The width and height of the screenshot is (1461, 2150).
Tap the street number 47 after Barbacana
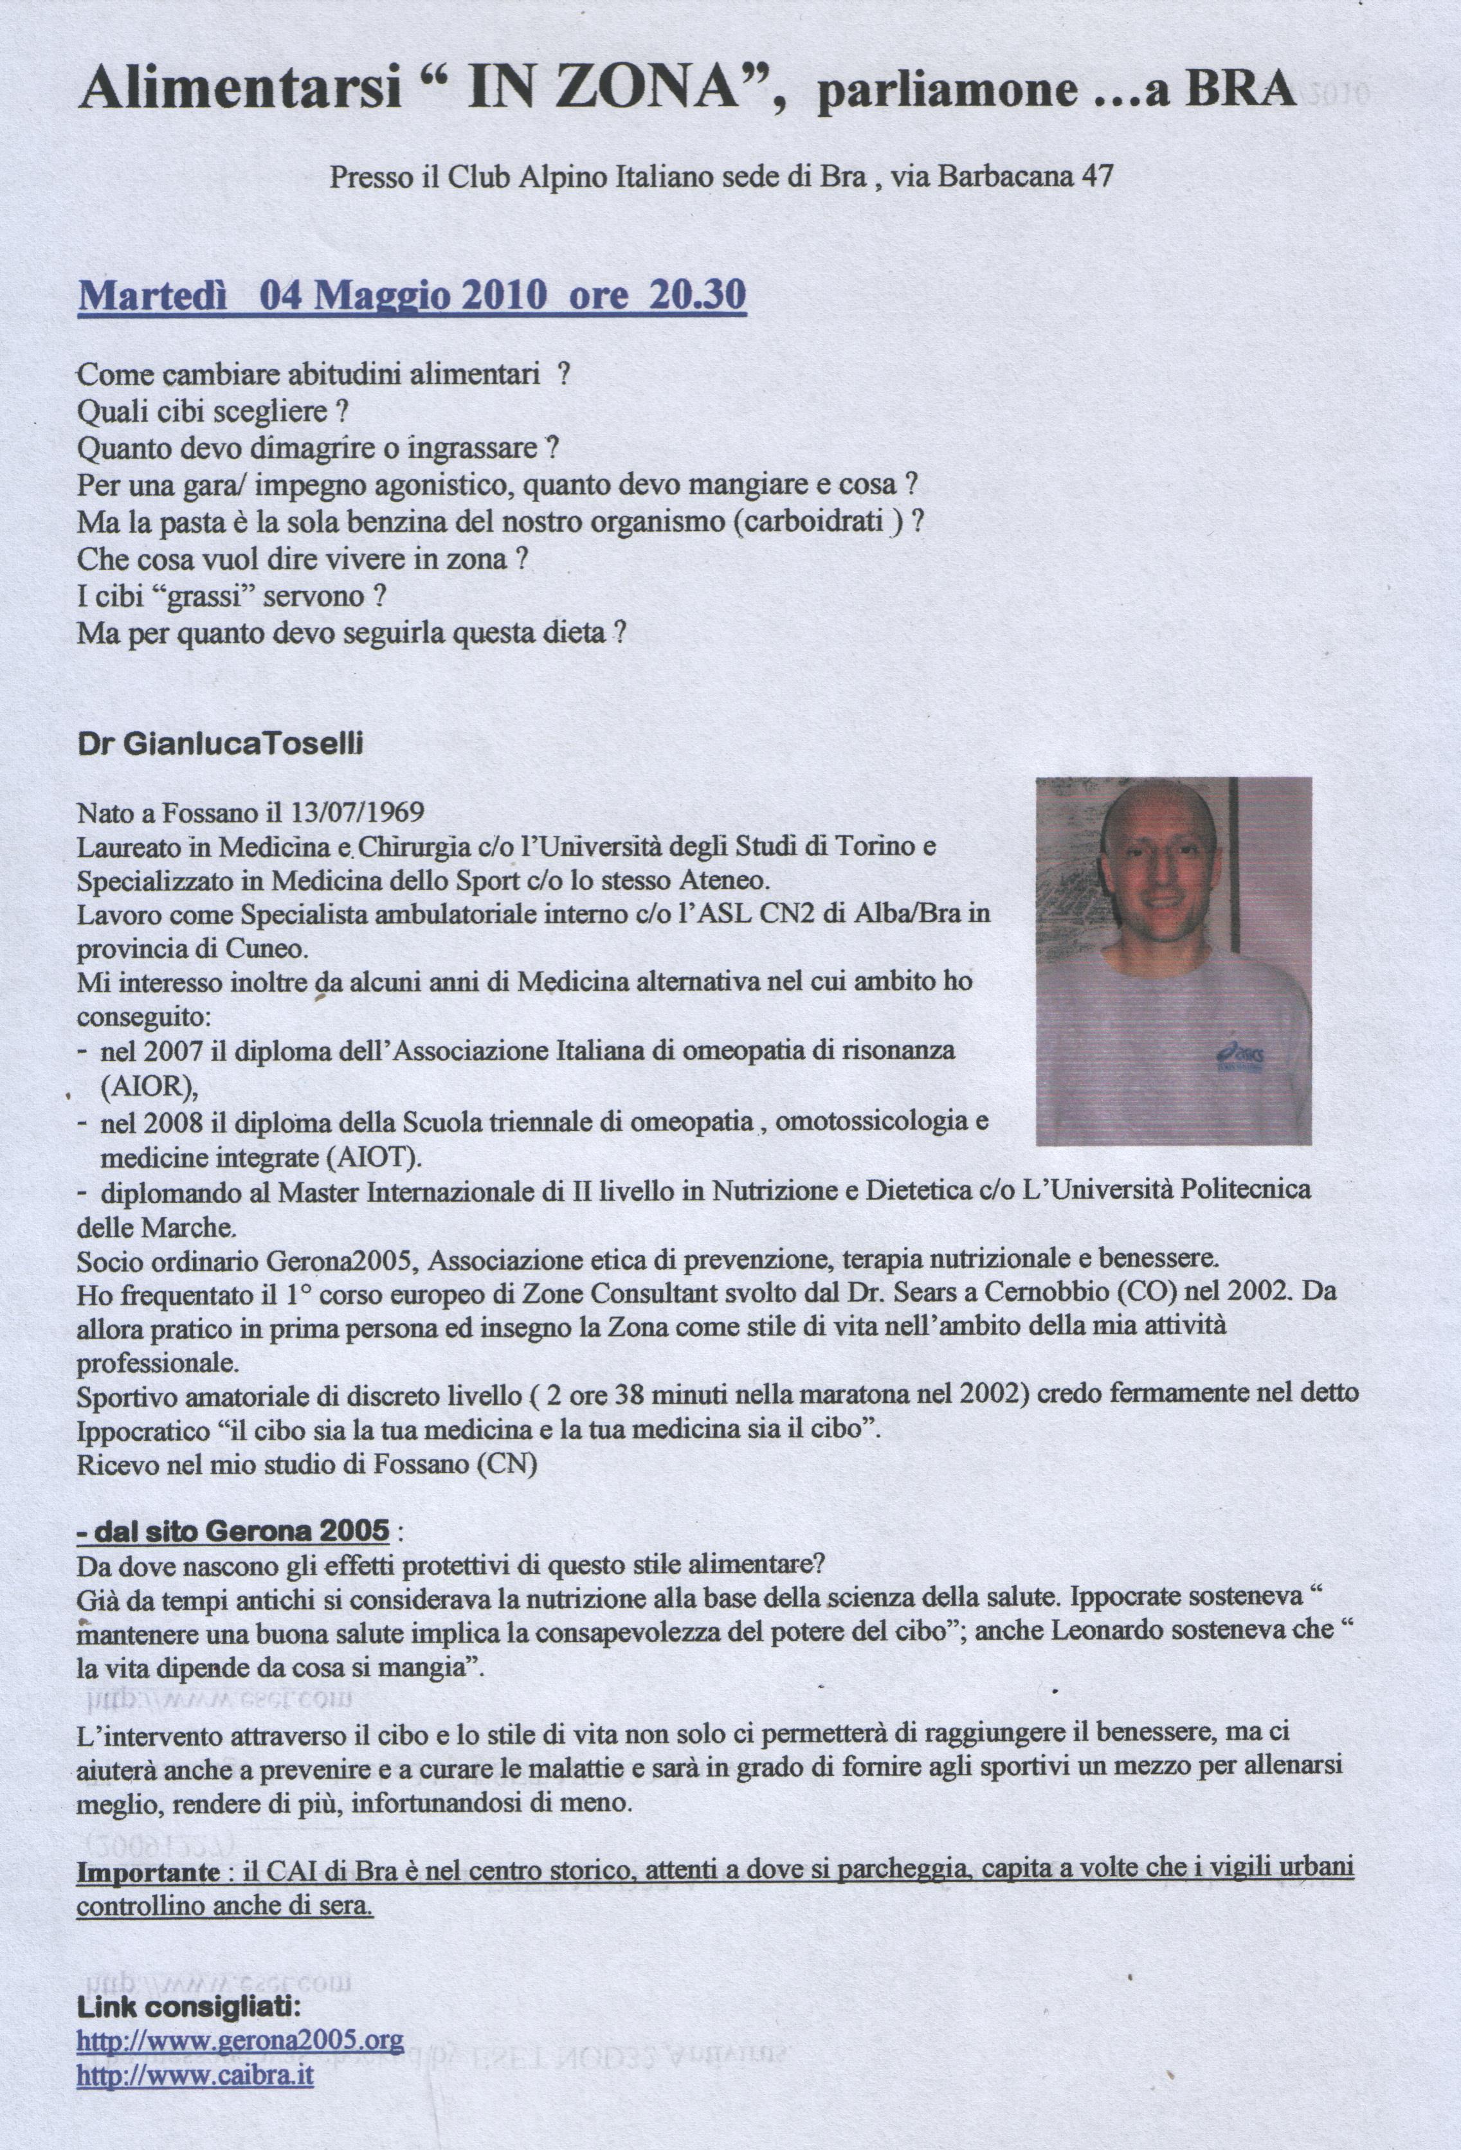point(1096,177)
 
